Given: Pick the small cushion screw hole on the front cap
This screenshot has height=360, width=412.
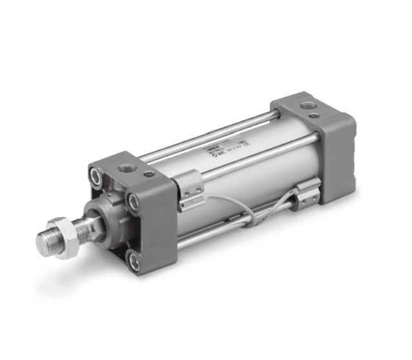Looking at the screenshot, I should click(x=150, y=174).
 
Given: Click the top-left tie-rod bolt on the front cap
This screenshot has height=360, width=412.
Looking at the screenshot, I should click(x=98, y=174).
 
